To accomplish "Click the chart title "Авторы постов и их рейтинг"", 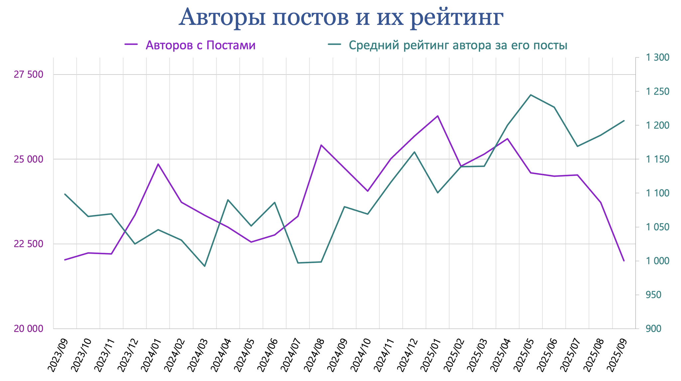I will pyautogui.click(x=341, y=17).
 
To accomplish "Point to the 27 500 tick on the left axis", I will pyautogui.click(x=29, y=74).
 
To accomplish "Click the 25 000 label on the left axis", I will pyautogui.click(x=29, y=159).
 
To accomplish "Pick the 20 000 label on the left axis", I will pyautogui.click(x=29, y=329).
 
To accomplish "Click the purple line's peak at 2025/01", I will pyautogui.click(x=438, y=116).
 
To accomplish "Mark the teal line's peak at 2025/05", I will pyautogui.click(x=531, y=95).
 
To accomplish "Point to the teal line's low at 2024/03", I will pyautogui.click(x=204, y=266).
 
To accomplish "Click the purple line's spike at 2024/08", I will pyautogui.click(x=321, y=145).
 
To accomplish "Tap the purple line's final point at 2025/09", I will pyautogui.click(x=624, y=261).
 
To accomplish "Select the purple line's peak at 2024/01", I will pyautogui.click(x=158, y=164).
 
